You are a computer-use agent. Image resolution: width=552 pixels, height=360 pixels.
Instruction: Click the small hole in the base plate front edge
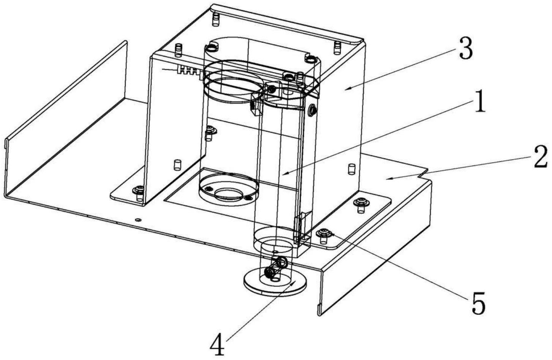pos(138,219)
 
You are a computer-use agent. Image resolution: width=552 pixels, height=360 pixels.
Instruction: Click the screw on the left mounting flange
pos(140,189)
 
